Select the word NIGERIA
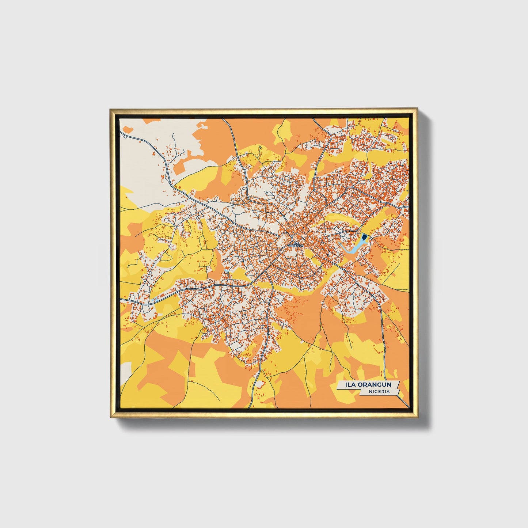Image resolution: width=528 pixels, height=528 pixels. point(379,391)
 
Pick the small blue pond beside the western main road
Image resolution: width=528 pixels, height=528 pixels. point(155,299)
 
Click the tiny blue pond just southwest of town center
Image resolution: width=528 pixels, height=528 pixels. point(227,271)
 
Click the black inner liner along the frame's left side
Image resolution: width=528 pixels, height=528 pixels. point(117,263)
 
